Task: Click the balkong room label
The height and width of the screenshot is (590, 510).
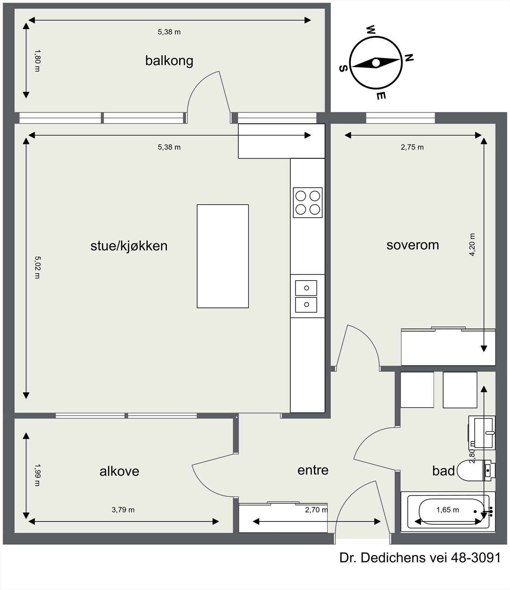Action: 169,61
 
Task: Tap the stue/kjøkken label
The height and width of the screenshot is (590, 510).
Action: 129,246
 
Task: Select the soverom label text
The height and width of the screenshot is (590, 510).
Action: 413,245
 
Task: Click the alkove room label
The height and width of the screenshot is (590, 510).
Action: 119,471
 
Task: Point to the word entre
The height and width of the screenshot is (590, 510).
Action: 313,470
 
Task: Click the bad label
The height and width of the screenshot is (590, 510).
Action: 444,471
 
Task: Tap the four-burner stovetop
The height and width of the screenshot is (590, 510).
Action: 308,202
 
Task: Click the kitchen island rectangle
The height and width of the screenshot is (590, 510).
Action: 223,256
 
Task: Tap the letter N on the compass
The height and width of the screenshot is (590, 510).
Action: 409,58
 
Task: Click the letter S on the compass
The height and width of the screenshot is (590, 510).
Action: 343,68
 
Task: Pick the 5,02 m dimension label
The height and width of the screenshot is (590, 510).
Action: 37,267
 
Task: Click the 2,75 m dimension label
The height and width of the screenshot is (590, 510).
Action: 412,147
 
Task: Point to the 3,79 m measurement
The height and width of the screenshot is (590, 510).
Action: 123,510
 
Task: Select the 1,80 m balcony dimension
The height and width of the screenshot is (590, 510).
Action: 37,61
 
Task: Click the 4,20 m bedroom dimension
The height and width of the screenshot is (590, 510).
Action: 472,244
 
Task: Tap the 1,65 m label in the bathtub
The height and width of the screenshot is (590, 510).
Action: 448,510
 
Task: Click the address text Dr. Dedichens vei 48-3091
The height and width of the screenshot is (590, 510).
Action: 420,558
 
